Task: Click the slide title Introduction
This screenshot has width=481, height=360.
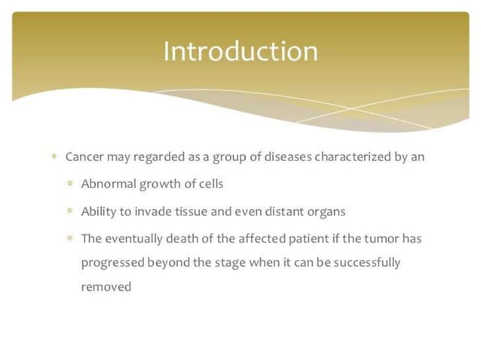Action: [x=240, y=51]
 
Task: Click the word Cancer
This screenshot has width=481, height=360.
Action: [x=84, y=157]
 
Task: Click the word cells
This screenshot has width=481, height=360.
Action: [x=210, y=184]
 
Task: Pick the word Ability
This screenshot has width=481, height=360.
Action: [x=99, y=211]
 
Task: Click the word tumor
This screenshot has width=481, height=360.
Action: [x=381, y=239]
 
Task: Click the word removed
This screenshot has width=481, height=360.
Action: [x=106, y=286]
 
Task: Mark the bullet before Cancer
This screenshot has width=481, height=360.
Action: [x=54, y=157]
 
